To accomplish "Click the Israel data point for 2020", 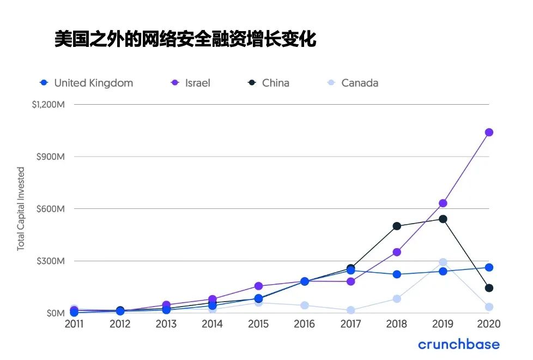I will (489, 132).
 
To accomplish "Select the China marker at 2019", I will (443, 219).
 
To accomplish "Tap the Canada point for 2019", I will (443, 262).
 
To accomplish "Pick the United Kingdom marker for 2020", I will (489, 267).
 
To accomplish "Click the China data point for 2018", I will (397, 226).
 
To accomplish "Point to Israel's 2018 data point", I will (397, 252).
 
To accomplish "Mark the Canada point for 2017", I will (350, 310).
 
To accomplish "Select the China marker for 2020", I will (489, 288).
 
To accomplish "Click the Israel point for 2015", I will (258, 286).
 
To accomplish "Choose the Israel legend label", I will (197, 83).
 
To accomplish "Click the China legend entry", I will (275, 83).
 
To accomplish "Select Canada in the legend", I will (359, 83).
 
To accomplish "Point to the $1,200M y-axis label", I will (49, 104).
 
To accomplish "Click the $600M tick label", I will (51, 208).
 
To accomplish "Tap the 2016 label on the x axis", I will (304, 324).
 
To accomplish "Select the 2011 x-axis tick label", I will (74, 324).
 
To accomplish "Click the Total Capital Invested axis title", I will (21, 209).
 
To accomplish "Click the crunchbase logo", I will (459, 344).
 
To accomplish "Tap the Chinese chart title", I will (185, 39).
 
